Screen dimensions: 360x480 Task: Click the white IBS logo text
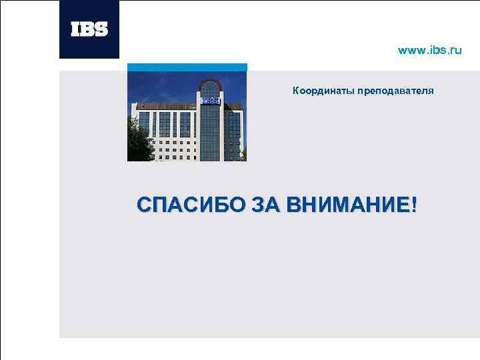pyautogui.click(x=89, y=29)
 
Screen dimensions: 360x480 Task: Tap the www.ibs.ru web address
pyautogui.click(x=429, y=50)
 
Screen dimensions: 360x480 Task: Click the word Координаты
pyautogui.click(x=323, y=90)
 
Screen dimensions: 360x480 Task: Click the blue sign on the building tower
pyautogui.click(x=210, y=101)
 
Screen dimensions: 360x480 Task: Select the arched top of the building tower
pyautogui.click(x=210, y=86)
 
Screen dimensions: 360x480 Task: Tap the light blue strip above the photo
pyautogui.click(x=187, y=67)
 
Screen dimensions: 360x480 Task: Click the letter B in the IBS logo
pyautogui.click(x=89, y=29)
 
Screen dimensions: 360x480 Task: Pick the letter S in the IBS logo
pyautogui.click(x=101, y=29)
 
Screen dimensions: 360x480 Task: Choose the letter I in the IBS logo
pyautogui.click(x=75, y=29)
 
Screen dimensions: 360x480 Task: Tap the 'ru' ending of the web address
pyautogui.click(x=455, y=50)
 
